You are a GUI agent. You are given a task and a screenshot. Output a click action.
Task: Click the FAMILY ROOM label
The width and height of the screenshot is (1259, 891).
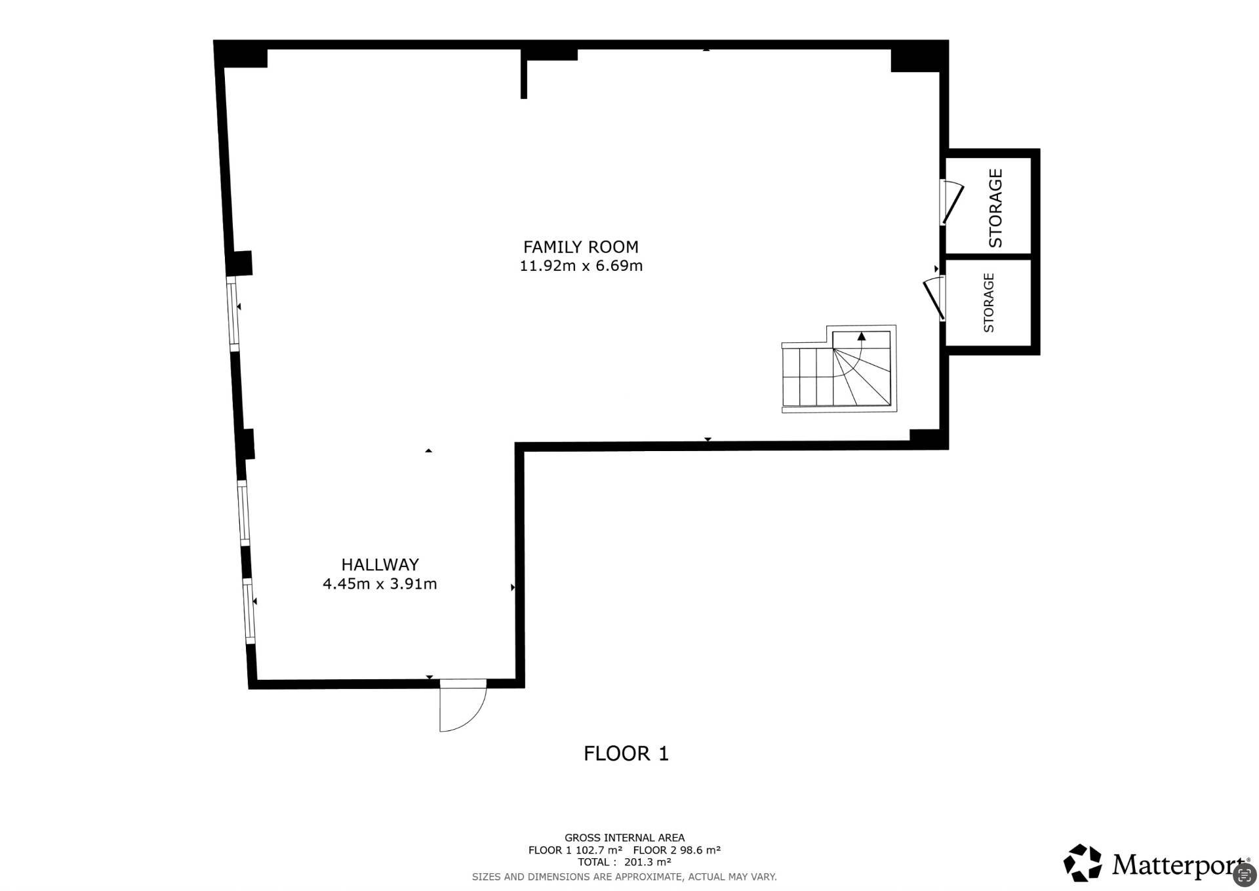click(580, 247)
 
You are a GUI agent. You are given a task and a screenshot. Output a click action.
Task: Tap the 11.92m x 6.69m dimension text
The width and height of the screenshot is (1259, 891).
click(581, 266)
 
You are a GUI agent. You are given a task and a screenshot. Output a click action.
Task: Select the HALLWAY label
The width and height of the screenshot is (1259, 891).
click(380, 564)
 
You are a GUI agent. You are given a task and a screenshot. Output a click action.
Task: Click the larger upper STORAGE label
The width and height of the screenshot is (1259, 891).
click(995, 208)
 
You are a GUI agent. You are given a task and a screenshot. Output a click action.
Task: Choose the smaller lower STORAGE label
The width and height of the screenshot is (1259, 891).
click(989, 303)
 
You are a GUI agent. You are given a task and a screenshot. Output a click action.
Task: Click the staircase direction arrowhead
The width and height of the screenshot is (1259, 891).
click(861, 336)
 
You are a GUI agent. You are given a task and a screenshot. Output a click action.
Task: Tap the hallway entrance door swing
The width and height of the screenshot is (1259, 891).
click(463, 705)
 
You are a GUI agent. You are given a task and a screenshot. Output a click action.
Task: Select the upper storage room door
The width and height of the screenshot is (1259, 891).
click(951, 202)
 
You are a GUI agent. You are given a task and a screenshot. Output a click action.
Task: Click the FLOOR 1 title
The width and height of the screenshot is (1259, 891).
click(626, 753)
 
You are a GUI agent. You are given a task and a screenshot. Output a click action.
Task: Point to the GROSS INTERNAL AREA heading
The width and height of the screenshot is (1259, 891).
click(624, 837)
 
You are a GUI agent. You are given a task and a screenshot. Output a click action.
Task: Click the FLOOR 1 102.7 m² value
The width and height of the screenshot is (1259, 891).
click(575, 850)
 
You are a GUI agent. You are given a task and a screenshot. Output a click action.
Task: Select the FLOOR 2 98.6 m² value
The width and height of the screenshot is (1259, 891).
click(677, 850)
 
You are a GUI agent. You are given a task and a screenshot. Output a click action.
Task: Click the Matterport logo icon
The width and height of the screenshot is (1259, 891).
click(1083, 863)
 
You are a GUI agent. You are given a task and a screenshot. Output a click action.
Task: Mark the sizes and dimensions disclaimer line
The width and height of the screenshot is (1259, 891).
click(624, 877)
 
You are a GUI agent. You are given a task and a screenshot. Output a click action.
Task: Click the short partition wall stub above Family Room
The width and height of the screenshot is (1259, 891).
click(523, 73)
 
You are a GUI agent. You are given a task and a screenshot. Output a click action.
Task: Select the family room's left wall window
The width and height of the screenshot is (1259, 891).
click(232, 311)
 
